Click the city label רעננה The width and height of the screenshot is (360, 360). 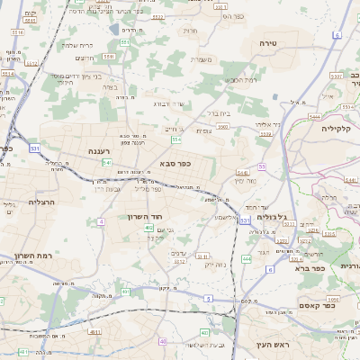point(98,151)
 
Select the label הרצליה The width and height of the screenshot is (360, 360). point(41,202)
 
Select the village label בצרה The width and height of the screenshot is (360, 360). point(110,87)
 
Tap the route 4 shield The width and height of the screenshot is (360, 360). point(102,220)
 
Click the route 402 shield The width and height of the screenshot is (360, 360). point(148,228)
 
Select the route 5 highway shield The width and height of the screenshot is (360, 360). point(208,298)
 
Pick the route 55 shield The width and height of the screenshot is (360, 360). point(261,166)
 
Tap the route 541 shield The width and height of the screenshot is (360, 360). point(107,163)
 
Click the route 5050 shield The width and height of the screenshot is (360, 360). point(333,296)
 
